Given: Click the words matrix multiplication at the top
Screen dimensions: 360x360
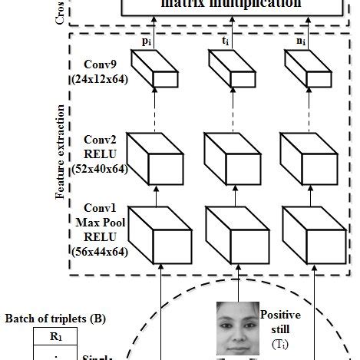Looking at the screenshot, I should pos(230,5).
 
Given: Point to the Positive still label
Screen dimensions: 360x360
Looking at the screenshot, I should pos(280,322).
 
